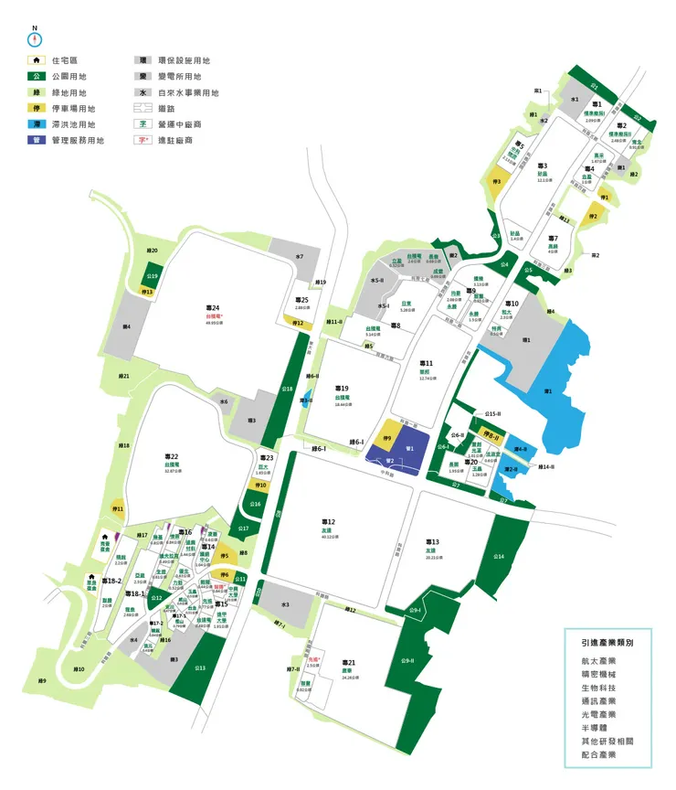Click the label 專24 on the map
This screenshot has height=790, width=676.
coord(213,308)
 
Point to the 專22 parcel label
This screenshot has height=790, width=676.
coord(171,456)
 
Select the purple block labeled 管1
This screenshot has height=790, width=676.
coord(410,448)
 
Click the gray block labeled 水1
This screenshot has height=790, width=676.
coord(575,98)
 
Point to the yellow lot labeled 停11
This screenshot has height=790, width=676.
coord(118,508)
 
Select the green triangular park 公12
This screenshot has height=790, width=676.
coord(157,598)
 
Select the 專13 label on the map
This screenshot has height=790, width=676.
coord(432,542)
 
